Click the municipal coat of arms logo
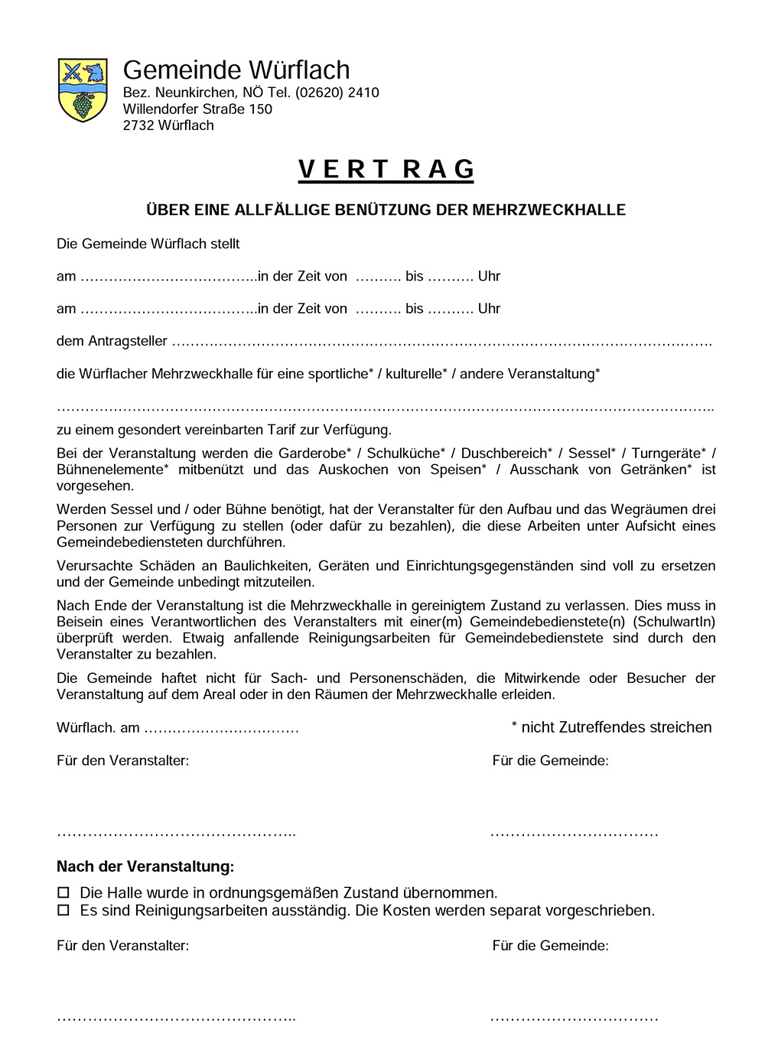click(83, 89)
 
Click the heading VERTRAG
click(386, 169)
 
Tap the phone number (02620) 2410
click(337, 93)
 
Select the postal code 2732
click(138, 125)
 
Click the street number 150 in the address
click(260, 109)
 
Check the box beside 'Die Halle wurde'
click(63, 892)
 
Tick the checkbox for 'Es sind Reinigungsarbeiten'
click(63, 910)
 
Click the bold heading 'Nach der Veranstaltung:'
click(145, 866)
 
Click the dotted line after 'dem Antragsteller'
click(441, 342)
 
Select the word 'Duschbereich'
click(503, 453)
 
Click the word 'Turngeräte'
click(666, 453)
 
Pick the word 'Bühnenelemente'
click(110, 470)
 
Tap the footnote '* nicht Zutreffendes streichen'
click(611, 727)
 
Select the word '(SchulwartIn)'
click(674, 622)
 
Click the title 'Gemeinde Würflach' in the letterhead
click(236, 70)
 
